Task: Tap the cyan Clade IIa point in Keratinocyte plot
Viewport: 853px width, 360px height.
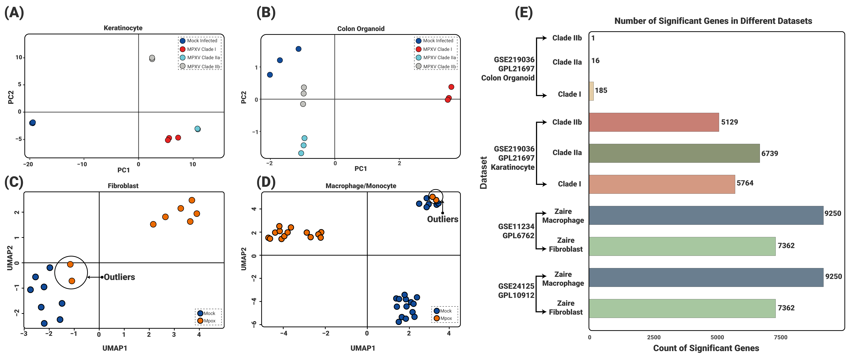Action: tap(197, 129)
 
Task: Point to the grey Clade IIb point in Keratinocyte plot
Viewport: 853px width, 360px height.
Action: tap(152, 58)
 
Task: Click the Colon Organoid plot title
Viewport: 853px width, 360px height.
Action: tap(361, 29)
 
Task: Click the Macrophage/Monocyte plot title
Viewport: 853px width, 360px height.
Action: tap(361, 186)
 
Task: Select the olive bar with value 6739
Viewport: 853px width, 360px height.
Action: tap(674, 153)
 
